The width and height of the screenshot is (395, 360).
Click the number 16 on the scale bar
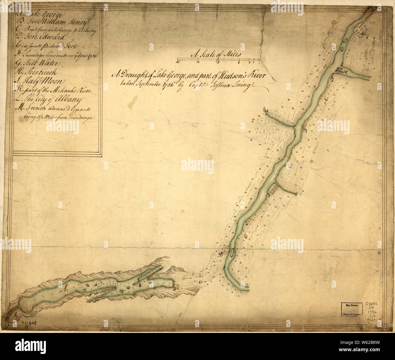(x=178, y=62)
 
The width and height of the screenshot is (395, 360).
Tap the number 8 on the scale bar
(x=218, y=62)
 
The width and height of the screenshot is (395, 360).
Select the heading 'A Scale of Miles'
(x=216, y=54)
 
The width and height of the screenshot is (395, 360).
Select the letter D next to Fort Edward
(x=221, y=254)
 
